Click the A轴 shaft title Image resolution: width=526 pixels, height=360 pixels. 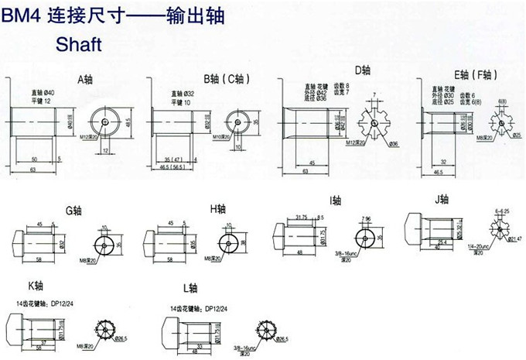coord(84,79)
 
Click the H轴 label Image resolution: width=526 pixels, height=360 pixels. coord(218,208)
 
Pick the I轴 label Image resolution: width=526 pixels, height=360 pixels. coord(336,201)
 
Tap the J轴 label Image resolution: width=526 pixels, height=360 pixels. coord(442,199)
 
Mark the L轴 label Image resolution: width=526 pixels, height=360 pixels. coord(190,288)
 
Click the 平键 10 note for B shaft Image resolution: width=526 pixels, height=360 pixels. coord(183,101)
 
